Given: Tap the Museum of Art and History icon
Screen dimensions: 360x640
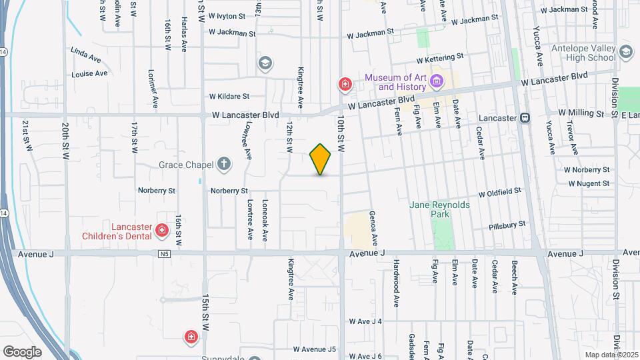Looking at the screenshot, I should [437, 83].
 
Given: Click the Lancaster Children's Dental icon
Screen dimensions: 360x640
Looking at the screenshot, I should [161, 231].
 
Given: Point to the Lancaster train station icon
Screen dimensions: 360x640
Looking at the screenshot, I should [525, 117].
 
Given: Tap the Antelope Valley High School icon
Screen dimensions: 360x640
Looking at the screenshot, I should [625, 51].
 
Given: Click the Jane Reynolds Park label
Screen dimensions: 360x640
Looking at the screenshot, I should [440, 209].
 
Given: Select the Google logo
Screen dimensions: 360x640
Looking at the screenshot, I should [22, 351].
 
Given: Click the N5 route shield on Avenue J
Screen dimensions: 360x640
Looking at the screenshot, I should [165, 253].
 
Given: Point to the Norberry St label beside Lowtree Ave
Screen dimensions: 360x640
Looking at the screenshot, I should [229, 191].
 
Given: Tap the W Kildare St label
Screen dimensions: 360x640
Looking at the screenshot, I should [229, 97].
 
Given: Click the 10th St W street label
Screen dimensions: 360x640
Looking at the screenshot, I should [341, 133].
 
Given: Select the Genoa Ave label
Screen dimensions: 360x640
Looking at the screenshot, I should [375, 231].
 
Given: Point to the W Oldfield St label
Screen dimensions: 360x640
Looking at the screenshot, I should [499, 191].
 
